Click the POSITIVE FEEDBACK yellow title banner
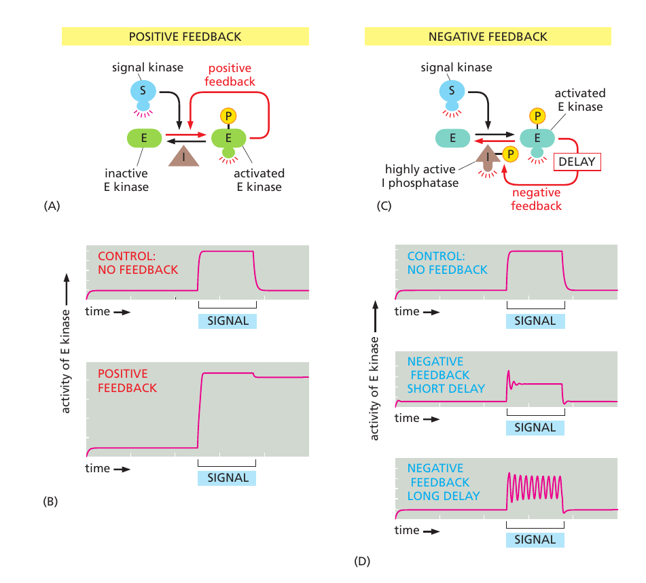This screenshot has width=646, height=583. [185, 36]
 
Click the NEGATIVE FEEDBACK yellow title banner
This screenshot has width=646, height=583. [488, 36]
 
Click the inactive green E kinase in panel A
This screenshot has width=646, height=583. [144, 138]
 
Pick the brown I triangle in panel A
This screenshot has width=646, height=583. [184, 156]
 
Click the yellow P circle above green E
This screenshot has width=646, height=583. [228, 116]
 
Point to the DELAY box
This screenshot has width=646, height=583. [577, 162]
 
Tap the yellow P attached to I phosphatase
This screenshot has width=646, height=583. [510, 154]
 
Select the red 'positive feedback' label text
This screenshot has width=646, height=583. [230, 75]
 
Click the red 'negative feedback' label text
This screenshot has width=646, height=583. [537, 199]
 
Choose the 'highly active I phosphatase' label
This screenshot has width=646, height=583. [420, 176]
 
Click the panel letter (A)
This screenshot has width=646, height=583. [52, 206]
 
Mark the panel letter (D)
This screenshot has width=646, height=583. [362, 561]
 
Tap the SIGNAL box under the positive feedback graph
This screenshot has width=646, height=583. [227, 478]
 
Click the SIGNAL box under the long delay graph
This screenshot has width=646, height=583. [535, 540]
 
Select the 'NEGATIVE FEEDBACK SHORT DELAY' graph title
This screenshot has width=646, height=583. [446, 375]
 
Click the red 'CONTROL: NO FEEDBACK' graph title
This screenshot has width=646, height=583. [138, 263]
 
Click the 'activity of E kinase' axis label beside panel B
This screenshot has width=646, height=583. [65, 361]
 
